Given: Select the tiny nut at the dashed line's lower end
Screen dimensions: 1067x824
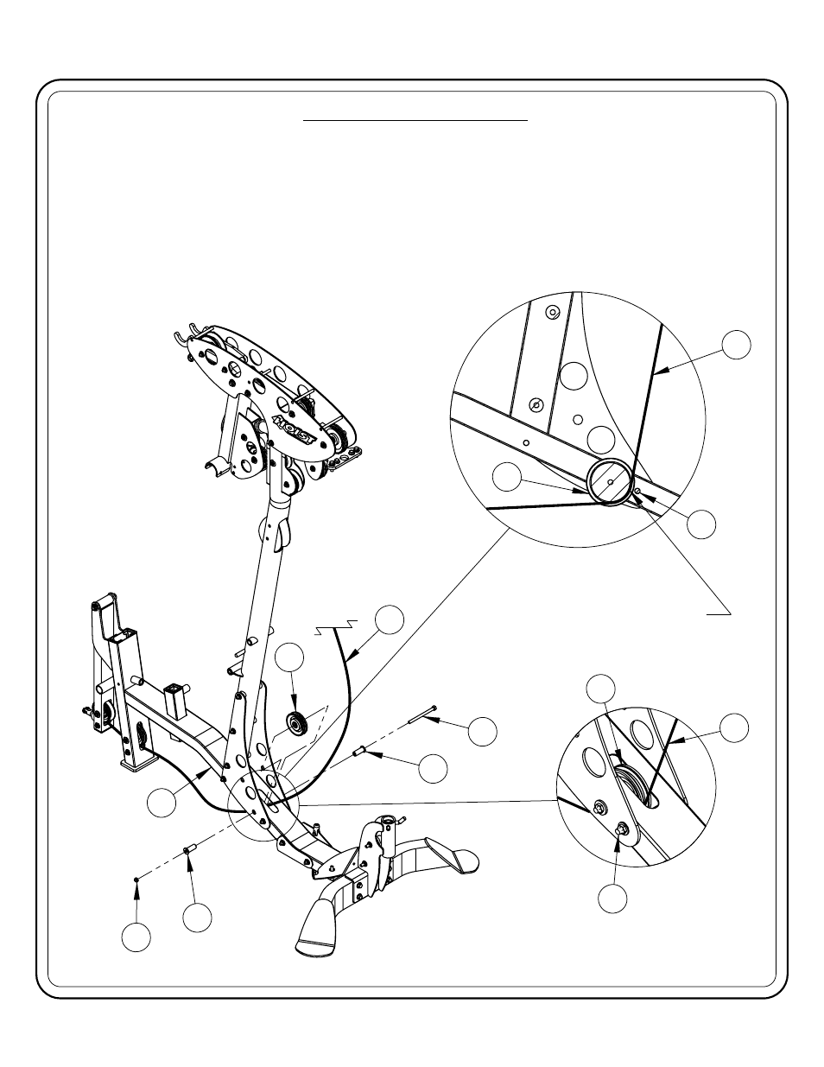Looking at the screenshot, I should pyautogui.click(x=137, y=880).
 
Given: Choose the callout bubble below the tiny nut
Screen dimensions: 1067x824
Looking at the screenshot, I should pyautogui.click(x=136, y=937).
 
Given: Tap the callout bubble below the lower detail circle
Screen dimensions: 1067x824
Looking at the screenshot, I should pyautogui.click(x=613, y=899).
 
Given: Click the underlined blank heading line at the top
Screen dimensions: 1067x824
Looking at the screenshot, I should pyautogui.click(x=415, y=122).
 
